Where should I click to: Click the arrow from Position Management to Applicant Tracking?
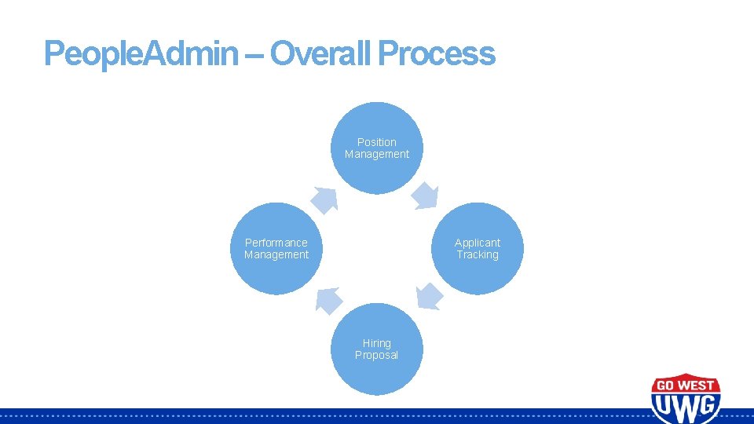coord(426,195)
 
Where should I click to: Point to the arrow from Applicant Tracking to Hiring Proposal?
coord(429,296)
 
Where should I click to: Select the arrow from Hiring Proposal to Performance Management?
coord(328,300)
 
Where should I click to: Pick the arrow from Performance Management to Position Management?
coord(324,199)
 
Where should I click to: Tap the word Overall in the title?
coord(321,53)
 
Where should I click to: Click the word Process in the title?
coord(437,53)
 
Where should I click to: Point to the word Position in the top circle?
coord(377,142)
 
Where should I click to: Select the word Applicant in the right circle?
coord(478,243)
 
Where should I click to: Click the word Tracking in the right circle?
coord(478,254)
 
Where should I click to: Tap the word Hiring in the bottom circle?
coord(377,343)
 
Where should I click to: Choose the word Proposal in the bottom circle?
coord(377,355)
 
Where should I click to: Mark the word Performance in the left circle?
coord(276,243)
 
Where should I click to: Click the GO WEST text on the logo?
coord(685,385)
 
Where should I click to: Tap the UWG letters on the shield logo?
coord(685,406)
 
